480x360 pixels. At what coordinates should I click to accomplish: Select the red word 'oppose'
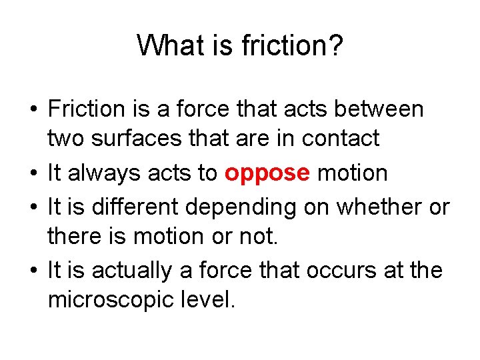pyautogui.click(x=267, y=173)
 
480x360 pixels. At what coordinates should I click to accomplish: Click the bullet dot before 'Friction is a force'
pyautogui.click(x=31, y=109)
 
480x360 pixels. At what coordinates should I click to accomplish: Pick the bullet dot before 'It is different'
pyautogui.click(x=31, y=207)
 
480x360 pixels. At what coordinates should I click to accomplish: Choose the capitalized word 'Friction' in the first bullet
pyautogui.click(x=87, y=109)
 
